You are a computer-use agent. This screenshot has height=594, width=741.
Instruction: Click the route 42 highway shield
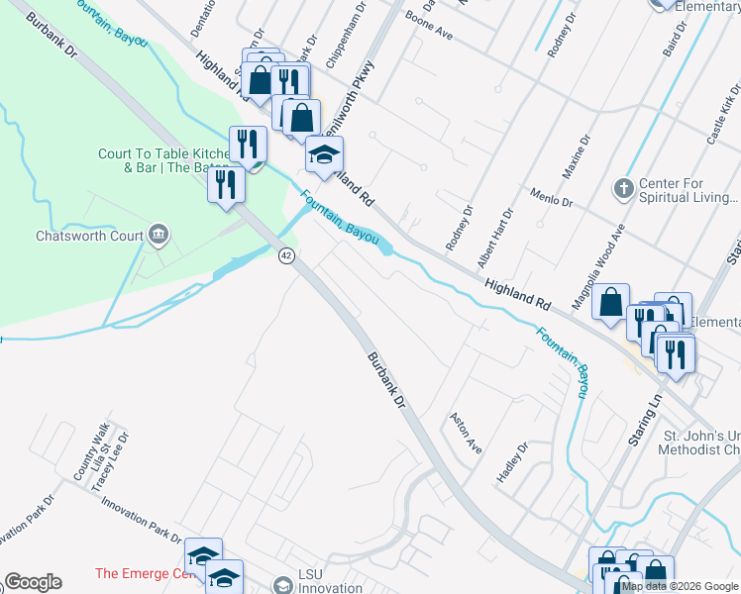[286, 255]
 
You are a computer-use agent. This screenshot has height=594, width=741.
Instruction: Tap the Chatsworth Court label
[89, 237]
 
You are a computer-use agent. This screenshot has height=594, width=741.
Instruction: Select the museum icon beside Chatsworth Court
[159, 235]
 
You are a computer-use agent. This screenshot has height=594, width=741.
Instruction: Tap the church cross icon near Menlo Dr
[623, 187]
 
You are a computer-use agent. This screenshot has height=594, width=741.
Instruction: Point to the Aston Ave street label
[466, 434]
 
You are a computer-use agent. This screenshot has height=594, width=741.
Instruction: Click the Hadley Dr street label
[513, 462]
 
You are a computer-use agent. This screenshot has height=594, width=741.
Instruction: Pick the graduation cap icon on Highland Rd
[324, 155]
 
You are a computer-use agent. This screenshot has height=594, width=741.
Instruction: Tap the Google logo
[33, 582]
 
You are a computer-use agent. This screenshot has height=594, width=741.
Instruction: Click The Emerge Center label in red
[144, 573]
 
